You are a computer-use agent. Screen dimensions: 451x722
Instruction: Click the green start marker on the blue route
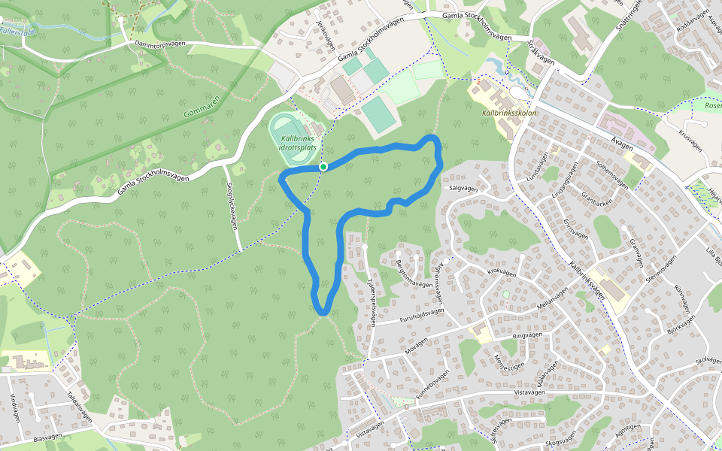[x=323, y=166]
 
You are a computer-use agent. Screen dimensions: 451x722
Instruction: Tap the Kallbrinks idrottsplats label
[x=297, y=143]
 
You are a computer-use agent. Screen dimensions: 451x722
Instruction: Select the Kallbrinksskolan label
[x=506, y=113]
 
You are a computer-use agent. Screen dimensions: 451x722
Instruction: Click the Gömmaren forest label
[x=201, y=108]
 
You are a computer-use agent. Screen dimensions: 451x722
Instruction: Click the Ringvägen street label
[x=526, y=336]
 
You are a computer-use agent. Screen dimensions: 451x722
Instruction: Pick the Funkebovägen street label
[x=433, y=383]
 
